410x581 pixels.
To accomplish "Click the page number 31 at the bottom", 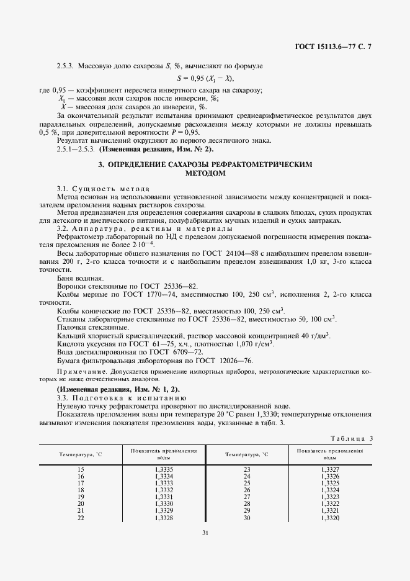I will coord(204,531).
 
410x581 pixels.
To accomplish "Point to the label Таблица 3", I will coord(351,438).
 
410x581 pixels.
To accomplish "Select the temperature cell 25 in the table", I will coord(246,483).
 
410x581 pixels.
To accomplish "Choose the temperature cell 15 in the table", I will coord(81,469).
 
